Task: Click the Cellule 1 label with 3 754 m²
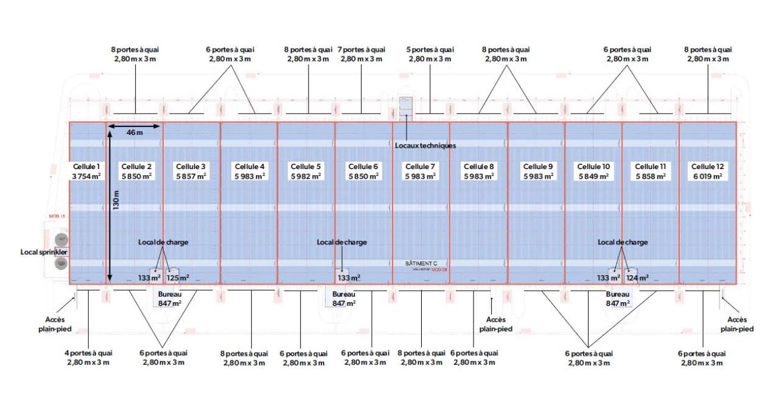(x=86, y=171)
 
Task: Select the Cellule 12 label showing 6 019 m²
(x=706, y=171)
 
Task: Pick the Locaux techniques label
(x=425, y=146)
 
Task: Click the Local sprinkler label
(x=43, y=251)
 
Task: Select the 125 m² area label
(x=178, y=278)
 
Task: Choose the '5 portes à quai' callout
(x=430, y=54)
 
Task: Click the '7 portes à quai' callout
(x=361, y=54)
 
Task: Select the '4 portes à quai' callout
(x=88, y=358)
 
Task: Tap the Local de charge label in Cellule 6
(x=341, y=242)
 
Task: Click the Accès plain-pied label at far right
(x=737, y=324)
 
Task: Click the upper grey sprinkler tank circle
(x=60, y=240)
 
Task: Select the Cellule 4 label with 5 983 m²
(x=250, y=171)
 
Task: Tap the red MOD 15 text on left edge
(x=57, y=216)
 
